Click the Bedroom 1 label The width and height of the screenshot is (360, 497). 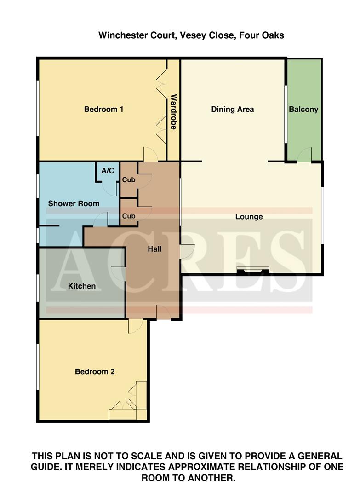pyautogui.click(x=103, y=110)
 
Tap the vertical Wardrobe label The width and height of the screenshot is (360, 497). pyautogui.click(x=174, y=112)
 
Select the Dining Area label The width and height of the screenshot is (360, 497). pyautogui.click(x=232, y=110)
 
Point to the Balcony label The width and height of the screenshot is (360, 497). pyautogui.click(x=303, y=110)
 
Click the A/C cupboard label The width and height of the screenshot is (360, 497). pyautogui.click(x=108, y=171)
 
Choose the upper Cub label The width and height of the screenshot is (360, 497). pyautogui.click(x=128, y=180)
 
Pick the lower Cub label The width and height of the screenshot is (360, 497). pyautogui.click(x=128, y=216)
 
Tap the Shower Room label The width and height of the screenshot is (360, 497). pyautogui.click(x=74, y=203)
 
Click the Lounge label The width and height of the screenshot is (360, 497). pyautogui.click(x=249, y=217)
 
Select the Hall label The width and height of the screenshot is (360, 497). pyautogui.click(x=154, y=249)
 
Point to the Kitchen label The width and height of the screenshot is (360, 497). pyautogui.click(x=82, y=286)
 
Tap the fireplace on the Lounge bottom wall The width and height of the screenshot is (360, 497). pyautogui.click(x=252, y=271)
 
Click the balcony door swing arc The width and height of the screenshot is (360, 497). pyautogui.click(x=304, y=155)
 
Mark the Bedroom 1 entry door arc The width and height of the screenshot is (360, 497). pyautogui.click(x=151, y=154)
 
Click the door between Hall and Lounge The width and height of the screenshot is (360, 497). pyautogui.click(x=188, y=250)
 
